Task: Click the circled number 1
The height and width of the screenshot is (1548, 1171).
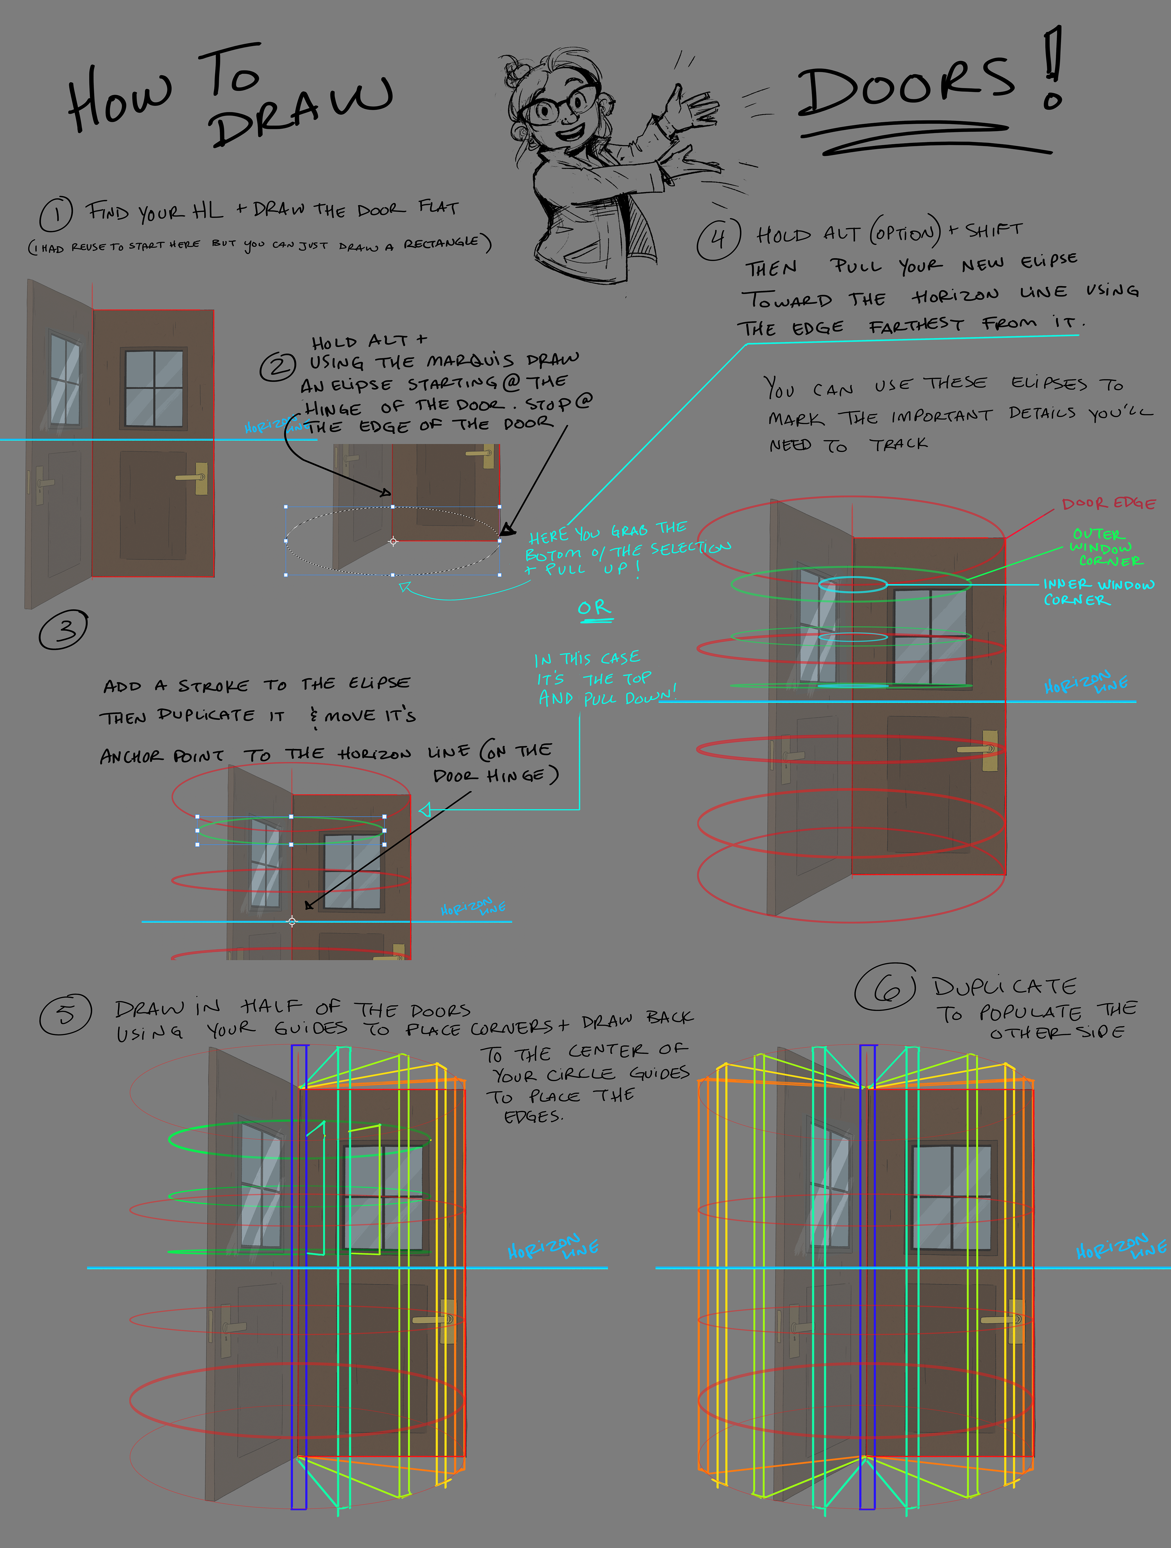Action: point(56,214)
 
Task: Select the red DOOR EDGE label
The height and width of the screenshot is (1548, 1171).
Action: point(1108,503)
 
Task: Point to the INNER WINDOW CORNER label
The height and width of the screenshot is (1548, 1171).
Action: point(1097,591)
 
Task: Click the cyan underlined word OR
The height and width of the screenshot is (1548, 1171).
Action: point(594,608)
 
